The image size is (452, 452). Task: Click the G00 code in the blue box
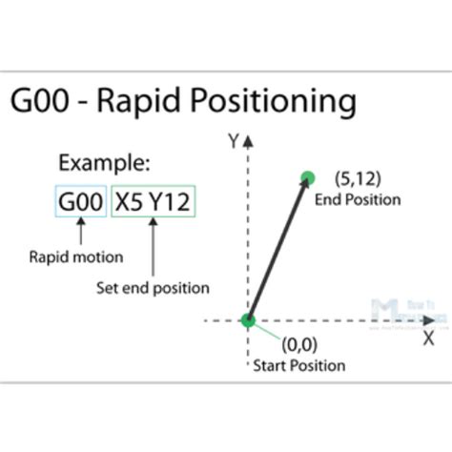point(80,203)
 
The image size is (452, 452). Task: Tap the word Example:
point(105,161)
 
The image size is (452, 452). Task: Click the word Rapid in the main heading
point(151,102)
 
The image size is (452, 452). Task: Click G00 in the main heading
point(43,101)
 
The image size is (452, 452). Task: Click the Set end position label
point(153,287)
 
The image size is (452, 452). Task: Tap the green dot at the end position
point(307,177)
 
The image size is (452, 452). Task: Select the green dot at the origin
point(248,320)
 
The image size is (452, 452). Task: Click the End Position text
point(358,199)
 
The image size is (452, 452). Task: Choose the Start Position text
point(298,365)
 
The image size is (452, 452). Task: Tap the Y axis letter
point(232,141)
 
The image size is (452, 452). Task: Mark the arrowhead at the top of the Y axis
point(249,141)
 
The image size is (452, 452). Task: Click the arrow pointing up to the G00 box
point(80,231)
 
